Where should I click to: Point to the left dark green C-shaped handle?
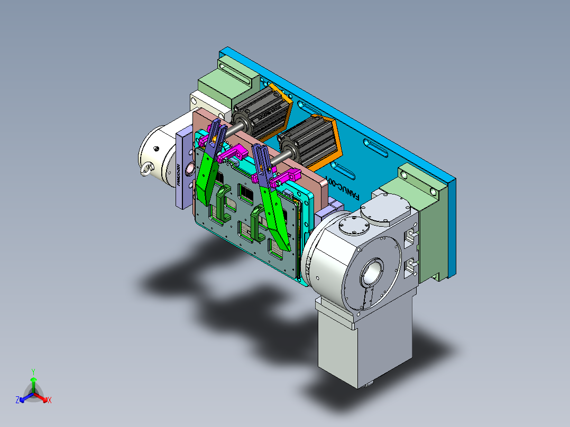222,204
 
